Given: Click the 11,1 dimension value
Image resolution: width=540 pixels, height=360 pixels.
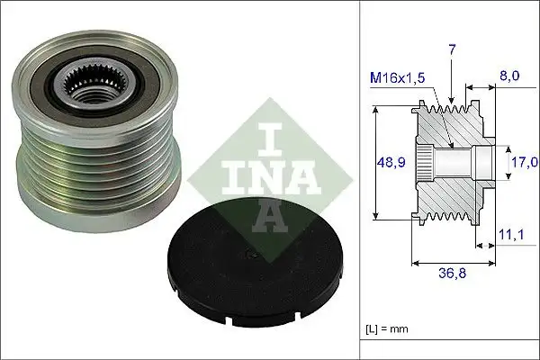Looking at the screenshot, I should [x=511, y=235].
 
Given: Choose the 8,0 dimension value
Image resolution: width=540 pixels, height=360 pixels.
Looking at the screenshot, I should [x=509, y=78].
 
